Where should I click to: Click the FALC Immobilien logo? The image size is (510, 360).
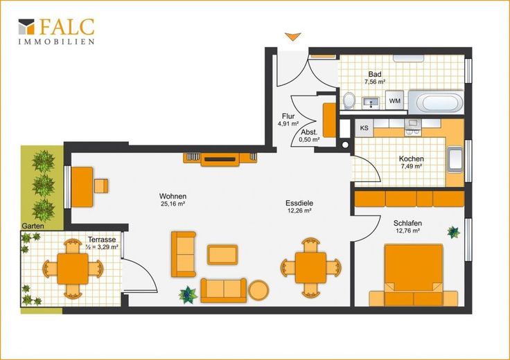pyautogui.click(x=57, y=31)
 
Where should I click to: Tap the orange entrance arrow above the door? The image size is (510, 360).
pyautogui.click(x=292, y=37)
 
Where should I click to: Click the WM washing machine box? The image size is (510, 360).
pyautogui.click(x=394, y=100)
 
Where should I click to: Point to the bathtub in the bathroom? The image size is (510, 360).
pyautogui.click(x=436, y=102)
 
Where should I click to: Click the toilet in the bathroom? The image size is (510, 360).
pyautogui.click(x=349, y=100)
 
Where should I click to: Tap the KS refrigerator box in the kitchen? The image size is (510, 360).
pyautogui.click(x=364, y=128)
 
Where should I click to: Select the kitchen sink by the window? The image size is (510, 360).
pyautogui.click(x=455, y=159)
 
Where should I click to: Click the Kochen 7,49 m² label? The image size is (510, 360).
pyautogui.click(x=411, y=163)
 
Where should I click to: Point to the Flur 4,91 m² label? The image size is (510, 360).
pyautogui.click(x=288, y=120)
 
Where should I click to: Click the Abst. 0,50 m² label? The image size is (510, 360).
pyautogui.click(x=309, y=136)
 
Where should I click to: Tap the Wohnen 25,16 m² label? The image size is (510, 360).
pyautogui.click(x=173, y=200)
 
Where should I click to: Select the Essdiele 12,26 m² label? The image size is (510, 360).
pyautogui.click(x=299, y=206)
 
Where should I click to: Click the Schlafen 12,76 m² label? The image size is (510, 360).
pyautogui.click(x=407, y=227)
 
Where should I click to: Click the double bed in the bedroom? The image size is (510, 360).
pyautogui.click(x=414, y=275)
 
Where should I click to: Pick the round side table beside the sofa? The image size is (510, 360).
pyautogui.click(x=258, y=290)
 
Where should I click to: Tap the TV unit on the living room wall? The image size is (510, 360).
pyautogui.click(x=220, y=159)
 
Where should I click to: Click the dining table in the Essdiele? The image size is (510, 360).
pyautogui.click(x=310, y=268)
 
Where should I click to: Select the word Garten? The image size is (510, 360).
pyautogui.click(x=33, y=226)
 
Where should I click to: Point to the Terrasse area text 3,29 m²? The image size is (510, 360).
pyautogui.click(x=102, y=246)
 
